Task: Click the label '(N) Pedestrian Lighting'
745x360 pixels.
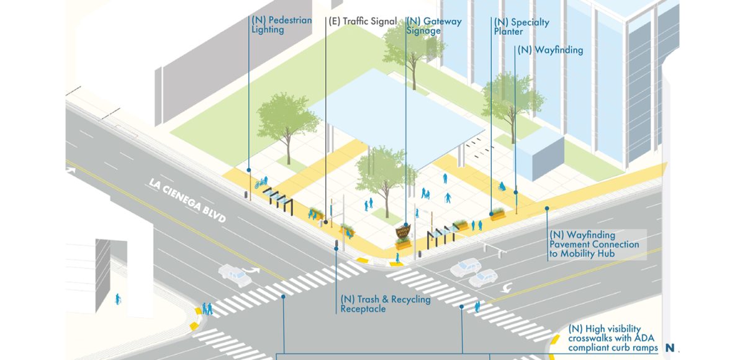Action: click(x=281, y=25)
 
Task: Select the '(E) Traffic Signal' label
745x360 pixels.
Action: click(x=362, y=21)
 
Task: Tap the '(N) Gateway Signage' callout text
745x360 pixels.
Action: click(x=433, y=26)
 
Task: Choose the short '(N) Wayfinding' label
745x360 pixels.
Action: click(x=550, y=50)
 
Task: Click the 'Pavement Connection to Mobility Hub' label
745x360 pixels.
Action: click(x=594, y=245)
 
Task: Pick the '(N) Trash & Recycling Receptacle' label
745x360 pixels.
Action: click(x=385, y=304)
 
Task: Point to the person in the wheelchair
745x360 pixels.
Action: click(x=501, y=186)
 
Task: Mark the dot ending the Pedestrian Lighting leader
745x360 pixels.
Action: click(x=249, y=170)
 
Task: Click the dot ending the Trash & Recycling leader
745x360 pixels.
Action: click(x=336, y=248)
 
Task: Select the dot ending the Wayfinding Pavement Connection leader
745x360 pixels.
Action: click(x=547, y=209)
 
